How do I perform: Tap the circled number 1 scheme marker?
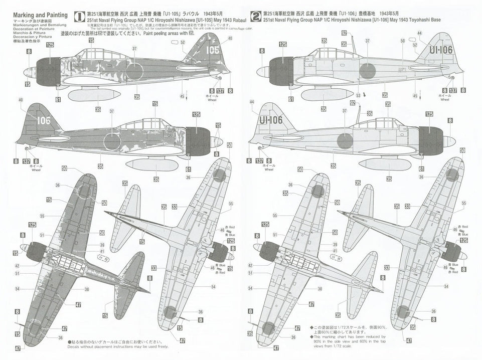click(x=78, y=16)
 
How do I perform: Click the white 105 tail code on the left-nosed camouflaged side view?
click(x=212, y=50)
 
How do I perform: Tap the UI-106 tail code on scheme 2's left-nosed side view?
click(x=441, y=50)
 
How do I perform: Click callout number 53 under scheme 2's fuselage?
click(x=358, y=95)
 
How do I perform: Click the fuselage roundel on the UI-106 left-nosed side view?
click(x=368, y=71)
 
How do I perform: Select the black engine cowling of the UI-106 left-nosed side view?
click(x=281, y=71)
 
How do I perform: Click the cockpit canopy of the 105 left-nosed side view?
click(x=100, y=54)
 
